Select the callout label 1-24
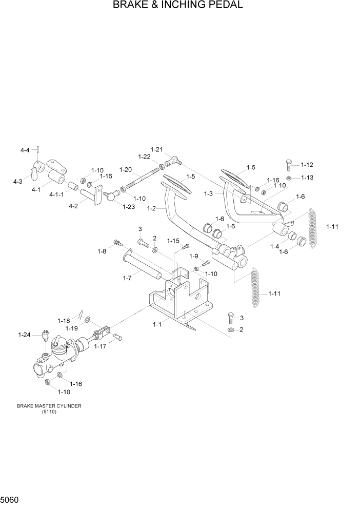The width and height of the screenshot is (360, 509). coord(24,335)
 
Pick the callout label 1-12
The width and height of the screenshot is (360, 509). coord(307,165)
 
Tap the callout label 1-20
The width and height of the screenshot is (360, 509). coord(126,170)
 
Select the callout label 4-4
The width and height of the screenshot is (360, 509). coord(25,150)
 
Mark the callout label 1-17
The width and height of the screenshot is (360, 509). coord(101,347)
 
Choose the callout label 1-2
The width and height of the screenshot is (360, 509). coord(151,209)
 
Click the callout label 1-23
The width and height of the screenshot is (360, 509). coord(128,206)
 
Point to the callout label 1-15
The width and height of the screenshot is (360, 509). coord(173,241)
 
